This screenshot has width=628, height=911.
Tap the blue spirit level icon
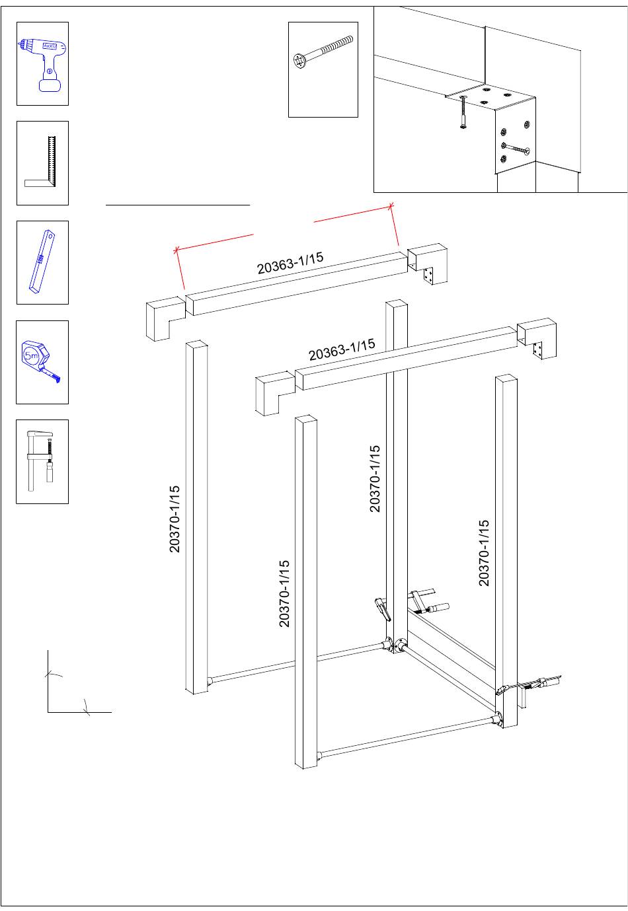(42, 262)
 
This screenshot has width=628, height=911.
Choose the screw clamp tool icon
(40, 460)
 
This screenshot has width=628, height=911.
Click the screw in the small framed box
(323, 53)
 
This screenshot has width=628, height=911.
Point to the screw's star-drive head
(299, 61)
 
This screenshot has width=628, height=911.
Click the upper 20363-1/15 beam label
(290, 263)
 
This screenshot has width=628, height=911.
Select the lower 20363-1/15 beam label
(342, 349)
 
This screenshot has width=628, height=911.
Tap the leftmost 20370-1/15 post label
(175, 519)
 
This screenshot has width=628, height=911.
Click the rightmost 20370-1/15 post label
(484, 553)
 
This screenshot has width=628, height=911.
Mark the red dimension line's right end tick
(391, 206)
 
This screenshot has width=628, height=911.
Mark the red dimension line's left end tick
(177, 250)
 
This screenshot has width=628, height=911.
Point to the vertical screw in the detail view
(463, 112)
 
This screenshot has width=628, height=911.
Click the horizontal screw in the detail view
(515, 148)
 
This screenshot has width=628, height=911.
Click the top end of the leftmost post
(196, 344)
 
